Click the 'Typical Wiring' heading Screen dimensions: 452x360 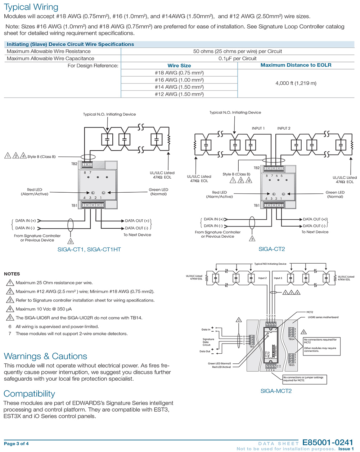click(31, 7)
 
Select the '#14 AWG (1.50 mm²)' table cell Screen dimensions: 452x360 click(179, 87)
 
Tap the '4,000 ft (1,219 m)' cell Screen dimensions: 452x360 click(296, 83)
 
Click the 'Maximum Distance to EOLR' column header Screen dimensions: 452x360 click(296, 65)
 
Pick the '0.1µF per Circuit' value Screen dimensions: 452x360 click(237, 58)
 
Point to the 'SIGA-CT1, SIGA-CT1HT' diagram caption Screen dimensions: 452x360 click(89, 249)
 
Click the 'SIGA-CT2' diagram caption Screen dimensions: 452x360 click(272, 249)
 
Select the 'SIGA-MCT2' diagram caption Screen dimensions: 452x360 click(276, 391)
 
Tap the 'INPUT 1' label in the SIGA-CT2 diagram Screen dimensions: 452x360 click(258, 128)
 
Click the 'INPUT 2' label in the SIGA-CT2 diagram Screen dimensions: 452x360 click(284, 128)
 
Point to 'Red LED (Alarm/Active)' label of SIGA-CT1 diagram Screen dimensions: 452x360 click(35, 192)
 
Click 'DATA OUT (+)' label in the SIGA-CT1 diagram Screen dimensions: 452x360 click(137, 221)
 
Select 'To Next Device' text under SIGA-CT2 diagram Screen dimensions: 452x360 click(315, 232)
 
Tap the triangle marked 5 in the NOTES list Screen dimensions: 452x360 click(10, 318)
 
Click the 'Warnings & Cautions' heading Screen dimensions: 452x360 click(45, 356)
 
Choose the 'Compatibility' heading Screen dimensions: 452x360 click(29, 394)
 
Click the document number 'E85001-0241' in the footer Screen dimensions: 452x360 click(328, 443)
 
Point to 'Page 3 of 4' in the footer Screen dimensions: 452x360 click(16, 443)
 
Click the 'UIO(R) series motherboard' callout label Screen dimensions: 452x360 click(323, 317)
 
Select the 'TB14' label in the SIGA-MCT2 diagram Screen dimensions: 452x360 click(291, 339)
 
